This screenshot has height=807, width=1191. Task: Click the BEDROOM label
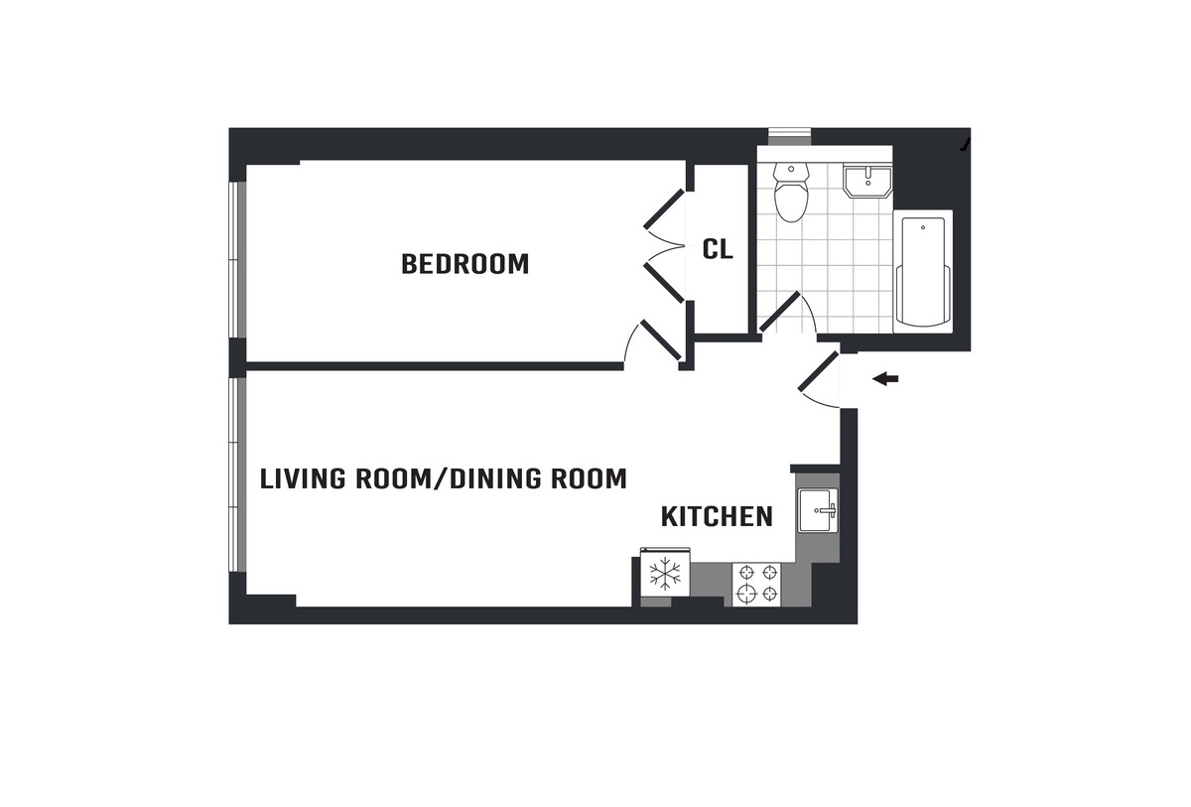(465, 264)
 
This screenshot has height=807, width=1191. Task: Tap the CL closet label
(718, 249)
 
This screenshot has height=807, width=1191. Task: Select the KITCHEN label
(717, 517)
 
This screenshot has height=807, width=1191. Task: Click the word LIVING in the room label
(303, 479)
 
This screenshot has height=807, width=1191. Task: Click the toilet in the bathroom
(791, 192)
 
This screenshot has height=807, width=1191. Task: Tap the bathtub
(922, 271)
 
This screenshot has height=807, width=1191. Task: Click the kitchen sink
(818, 510)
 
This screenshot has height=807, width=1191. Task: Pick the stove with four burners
(756, 585)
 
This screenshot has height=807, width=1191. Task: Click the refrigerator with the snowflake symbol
(665, 575)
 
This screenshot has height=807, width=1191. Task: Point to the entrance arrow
(885, 379)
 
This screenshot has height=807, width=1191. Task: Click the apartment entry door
(819, 371)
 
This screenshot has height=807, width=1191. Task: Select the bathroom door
(779, 312)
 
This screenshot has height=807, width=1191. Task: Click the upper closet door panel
(664, 208)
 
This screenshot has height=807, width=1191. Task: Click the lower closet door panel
(664, 283)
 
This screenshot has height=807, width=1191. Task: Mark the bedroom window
(237, 259)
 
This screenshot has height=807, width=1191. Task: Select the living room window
(237, 474)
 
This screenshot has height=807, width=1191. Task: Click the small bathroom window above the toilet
(790, 137)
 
